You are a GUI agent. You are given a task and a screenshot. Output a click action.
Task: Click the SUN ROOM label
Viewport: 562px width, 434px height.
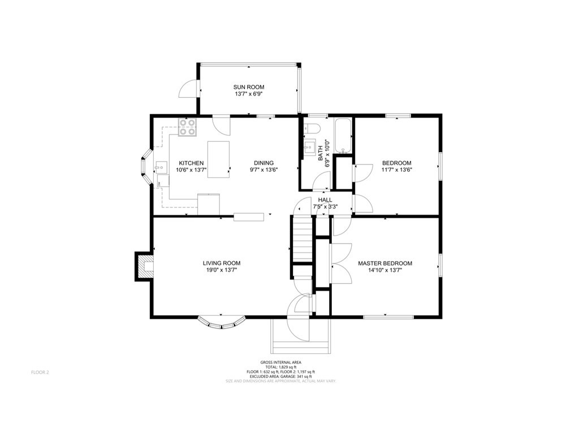tap(249, 87)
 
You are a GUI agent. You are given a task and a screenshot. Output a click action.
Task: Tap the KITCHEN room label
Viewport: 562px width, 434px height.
tap(188, 163)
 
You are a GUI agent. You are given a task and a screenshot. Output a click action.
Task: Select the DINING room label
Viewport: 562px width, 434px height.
tap(263, 163)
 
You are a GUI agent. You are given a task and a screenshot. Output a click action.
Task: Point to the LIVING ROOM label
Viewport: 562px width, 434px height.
tap(222, 263)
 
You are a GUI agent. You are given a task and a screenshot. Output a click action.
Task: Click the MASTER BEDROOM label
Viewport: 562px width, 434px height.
tap(384, 263)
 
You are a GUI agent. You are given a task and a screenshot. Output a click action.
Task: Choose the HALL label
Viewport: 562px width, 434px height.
tap(325, 200)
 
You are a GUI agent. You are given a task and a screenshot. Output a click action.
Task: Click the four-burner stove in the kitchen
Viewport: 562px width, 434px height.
tap(187, 128)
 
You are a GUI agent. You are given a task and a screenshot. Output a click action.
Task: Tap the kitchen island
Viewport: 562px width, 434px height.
tap(218, 159)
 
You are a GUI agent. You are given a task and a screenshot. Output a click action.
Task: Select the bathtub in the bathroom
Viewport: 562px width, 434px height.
tap(343, 136)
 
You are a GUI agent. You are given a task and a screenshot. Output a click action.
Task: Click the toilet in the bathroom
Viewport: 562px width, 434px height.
tap(311, 129)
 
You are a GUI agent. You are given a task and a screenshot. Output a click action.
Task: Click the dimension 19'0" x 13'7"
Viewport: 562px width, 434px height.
tap(222, 270)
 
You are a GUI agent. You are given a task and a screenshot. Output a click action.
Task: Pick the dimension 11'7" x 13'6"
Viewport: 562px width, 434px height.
tap(396, 170)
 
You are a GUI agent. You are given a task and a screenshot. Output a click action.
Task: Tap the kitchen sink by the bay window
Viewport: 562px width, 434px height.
tap(161, 167)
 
